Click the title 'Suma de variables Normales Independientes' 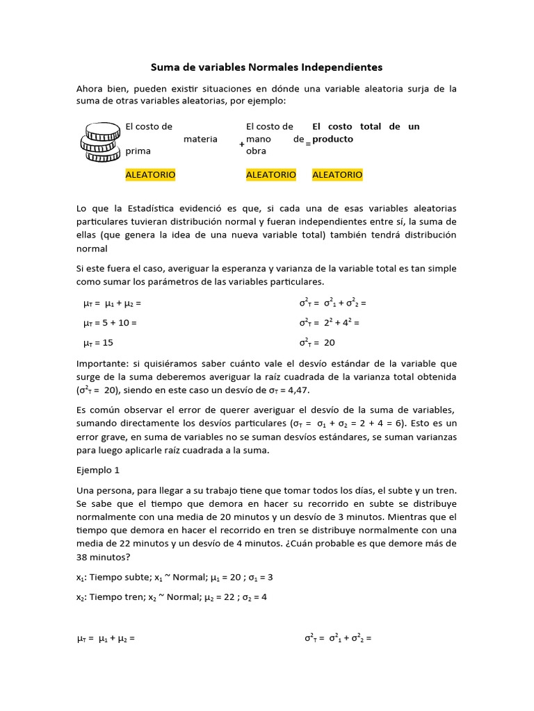pos(267,67)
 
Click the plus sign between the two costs pos(241,144)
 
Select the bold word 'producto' pos(333,139)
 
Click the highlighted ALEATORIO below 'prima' pos(150,175)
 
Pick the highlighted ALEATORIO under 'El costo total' pos(337,175)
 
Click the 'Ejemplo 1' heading pos(98,470)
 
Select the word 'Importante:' pos(102,363)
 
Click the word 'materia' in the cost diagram pos(200,139)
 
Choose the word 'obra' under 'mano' pos(256,151)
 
